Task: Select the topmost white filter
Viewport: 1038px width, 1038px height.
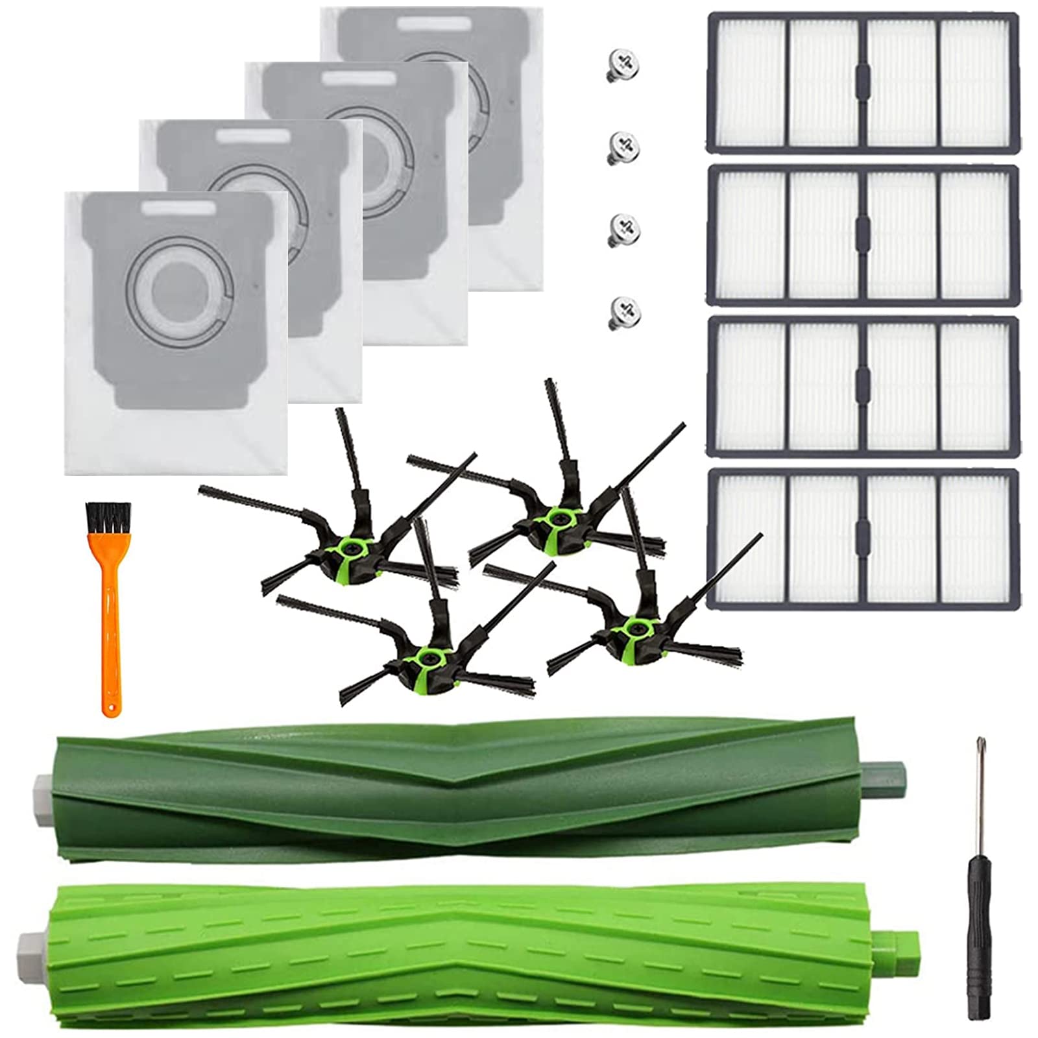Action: click(x=862, y=82)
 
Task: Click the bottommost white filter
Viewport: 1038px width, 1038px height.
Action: click(x=862, y=536)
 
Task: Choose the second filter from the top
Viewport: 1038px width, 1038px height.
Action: click(x=862, y=233)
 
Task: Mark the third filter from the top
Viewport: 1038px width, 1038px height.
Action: click(x=862, y=385)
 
